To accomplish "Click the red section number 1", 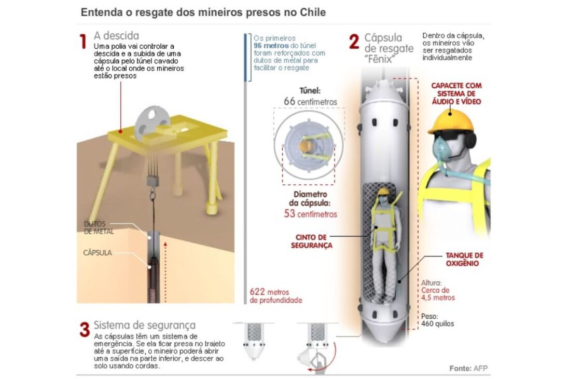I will pyautogui.click(x=83, y=42).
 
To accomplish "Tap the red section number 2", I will pyautogui.click(x=354, y=42).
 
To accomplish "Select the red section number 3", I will pyautogui.click(x=85, y=329).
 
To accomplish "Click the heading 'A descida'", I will pyautogui.click(x=116, y=36).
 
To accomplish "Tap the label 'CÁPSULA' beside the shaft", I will pyautogui.click(x=98, y=253).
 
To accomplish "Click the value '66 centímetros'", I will pyautogui.click(x=310, y=102).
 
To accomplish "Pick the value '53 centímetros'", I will pyautogui.click(x=310, y=213).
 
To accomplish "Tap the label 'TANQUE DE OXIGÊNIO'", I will pyautogui.click(x=464, y=259).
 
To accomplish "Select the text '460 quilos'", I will pyautogui.click(x=437, y=323).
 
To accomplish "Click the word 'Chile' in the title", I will pyautogui.click(x=312, y=12).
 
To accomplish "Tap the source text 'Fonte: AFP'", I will pyautogui.click(x=468, y=368).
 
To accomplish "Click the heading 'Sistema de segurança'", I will pyautogui.click(x=145, y=326).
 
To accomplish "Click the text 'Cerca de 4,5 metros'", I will pyautogui.click(x=438, y=294).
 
